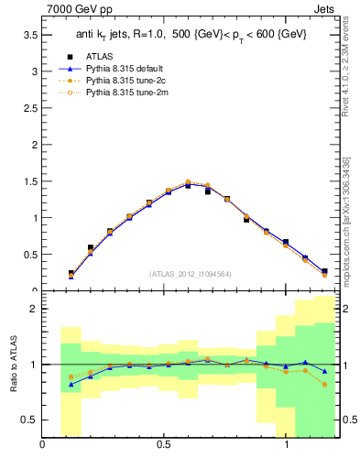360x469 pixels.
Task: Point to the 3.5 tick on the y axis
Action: pos(30,35)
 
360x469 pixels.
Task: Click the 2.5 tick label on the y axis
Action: pos(30,108)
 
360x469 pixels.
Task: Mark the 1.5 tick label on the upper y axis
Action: pos(30,181)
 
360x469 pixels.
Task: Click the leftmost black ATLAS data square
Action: pos(71,273)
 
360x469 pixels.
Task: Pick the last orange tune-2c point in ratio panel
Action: pos(324,385)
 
